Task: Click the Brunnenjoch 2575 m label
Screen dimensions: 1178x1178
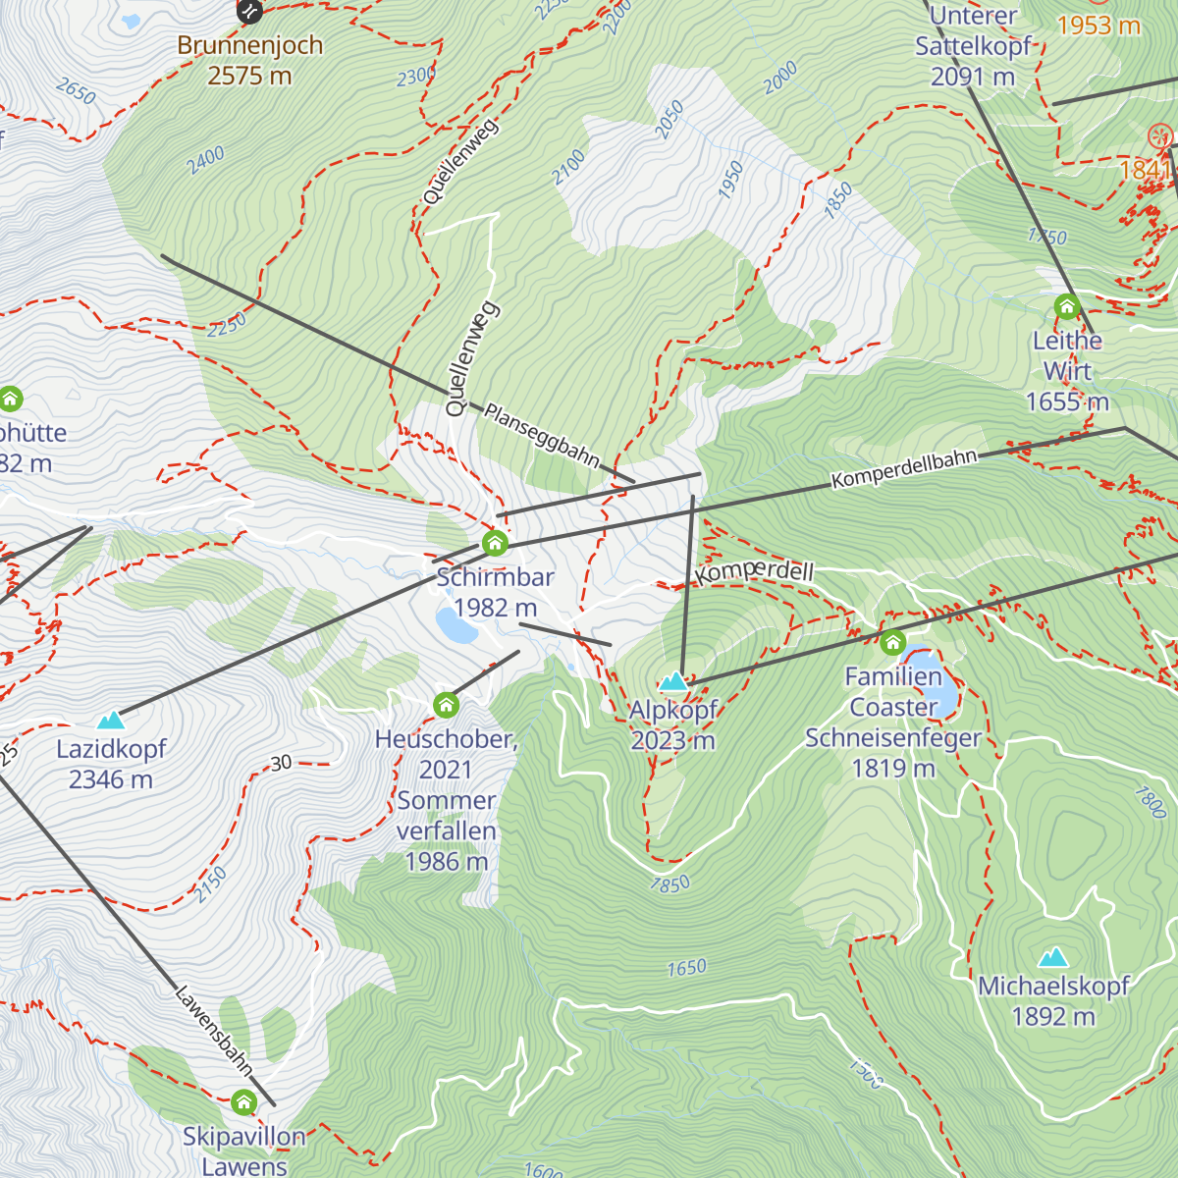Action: pos(249,60)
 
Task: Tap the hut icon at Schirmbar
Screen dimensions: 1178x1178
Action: pos(495,543)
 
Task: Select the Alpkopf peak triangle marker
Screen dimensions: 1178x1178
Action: pos(673,681)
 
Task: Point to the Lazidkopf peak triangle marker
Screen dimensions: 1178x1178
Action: pos(111,721)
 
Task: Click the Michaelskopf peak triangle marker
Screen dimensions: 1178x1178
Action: pos(1053,957)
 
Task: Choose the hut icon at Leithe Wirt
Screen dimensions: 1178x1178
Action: pos(1067,307)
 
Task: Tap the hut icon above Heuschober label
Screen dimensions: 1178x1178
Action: pos(446,705)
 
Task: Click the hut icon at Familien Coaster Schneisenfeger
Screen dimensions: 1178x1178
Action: pos(892,643)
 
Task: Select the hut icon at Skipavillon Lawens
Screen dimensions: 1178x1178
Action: pos(243,1102)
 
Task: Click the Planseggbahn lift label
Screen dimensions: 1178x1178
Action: pos(541,435)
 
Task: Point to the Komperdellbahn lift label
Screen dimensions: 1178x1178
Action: pos(904,469)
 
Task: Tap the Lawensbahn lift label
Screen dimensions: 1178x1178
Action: pos(214,1030)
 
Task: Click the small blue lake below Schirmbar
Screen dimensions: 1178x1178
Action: pos(456,624)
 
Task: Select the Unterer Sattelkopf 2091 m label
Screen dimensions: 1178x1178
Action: pos(973,46)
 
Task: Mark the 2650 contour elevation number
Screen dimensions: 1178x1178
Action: pos(76,92)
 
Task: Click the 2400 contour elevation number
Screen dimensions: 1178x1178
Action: pos(207,160)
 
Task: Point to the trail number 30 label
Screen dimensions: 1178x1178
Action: pos(281,763)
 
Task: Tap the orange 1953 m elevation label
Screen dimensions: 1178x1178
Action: pos(1098,26)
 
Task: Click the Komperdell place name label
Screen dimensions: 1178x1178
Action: pos(754,572)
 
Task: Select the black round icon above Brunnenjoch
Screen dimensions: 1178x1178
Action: pos(250,11)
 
